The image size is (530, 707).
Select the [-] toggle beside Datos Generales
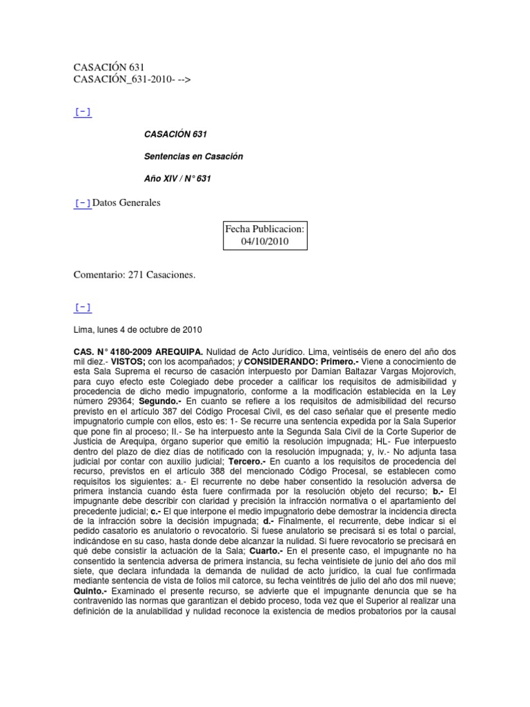tap(82, 202)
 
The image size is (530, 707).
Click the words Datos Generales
tap(126, 202)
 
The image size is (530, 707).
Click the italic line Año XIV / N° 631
tap(176, 179)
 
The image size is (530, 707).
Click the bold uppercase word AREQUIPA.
tap(184, 351)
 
